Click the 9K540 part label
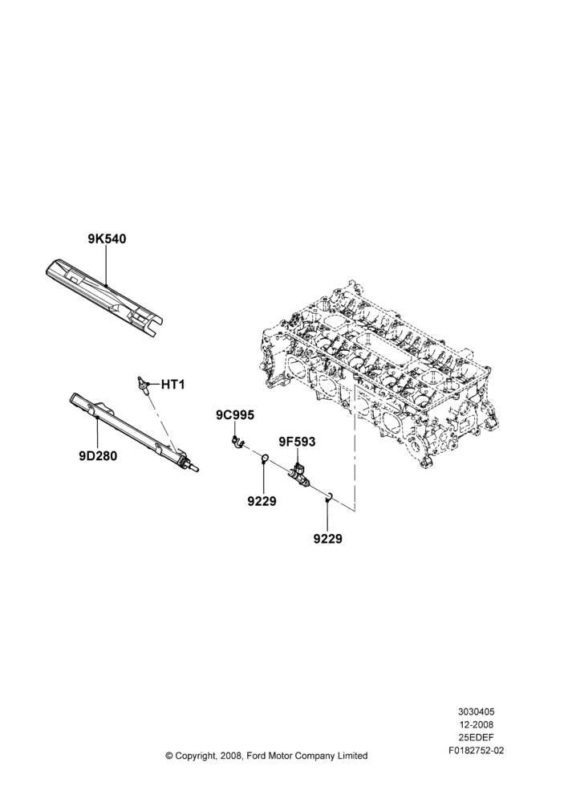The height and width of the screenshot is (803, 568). (107, 238)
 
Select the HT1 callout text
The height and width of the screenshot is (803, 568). (172, 384)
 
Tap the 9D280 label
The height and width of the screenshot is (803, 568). (98, 455)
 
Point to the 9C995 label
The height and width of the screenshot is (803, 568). (234, 415)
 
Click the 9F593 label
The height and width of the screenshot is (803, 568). (297, 442)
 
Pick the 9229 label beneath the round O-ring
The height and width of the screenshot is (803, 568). (262, 501)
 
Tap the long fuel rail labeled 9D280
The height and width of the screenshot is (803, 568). (134, 431)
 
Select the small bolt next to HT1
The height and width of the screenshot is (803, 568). (143, 384)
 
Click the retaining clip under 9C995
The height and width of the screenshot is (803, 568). (237, 442)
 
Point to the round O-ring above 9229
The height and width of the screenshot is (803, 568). (266, 457)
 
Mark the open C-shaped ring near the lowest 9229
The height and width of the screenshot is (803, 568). (330, 495)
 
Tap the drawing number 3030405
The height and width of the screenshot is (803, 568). (476, 711)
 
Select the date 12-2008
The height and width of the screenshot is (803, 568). (476, 724)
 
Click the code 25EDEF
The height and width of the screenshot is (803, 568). (476, 737)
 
